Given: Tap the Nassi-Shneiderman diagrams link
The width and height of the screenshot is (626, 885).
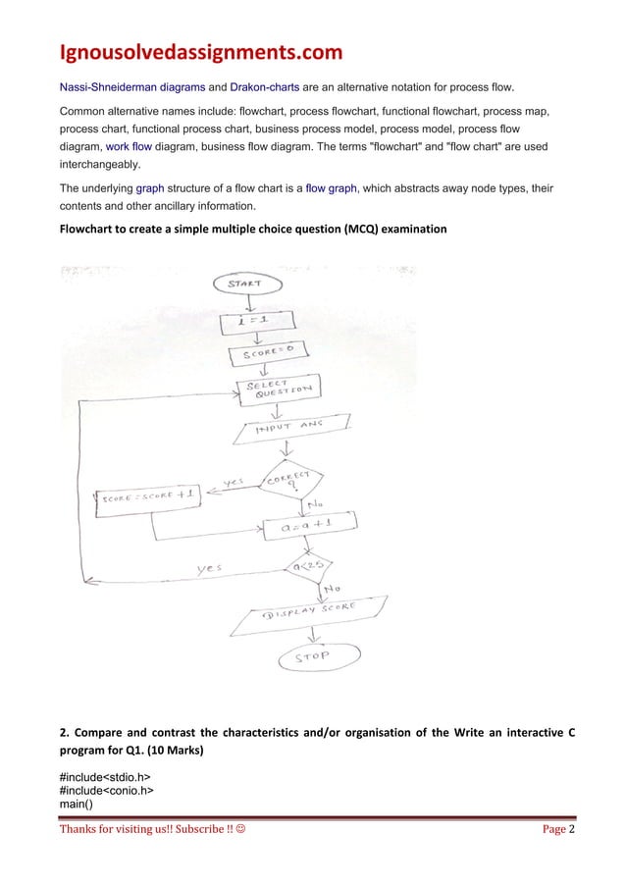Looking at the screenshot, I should [132, 87].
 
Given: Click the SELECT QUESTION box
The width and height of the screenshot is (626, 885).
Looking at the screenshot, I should [279, 390].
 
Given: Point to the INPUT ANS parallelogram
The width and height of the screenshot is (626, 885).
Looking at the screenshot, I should [290, 428].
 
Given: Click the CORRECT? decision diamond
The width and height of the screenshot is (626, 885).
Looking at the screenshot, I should [291, 480].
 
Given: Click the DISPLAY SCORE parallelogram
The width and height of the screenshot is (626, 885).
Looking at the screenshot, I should [307, 613].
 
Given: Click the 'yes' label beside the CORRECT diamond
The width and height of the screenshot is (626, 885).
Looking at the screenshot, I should [235, 483].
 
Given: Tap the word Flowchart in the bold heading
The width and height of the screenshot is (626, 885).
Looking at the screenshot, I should [89, 229].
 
